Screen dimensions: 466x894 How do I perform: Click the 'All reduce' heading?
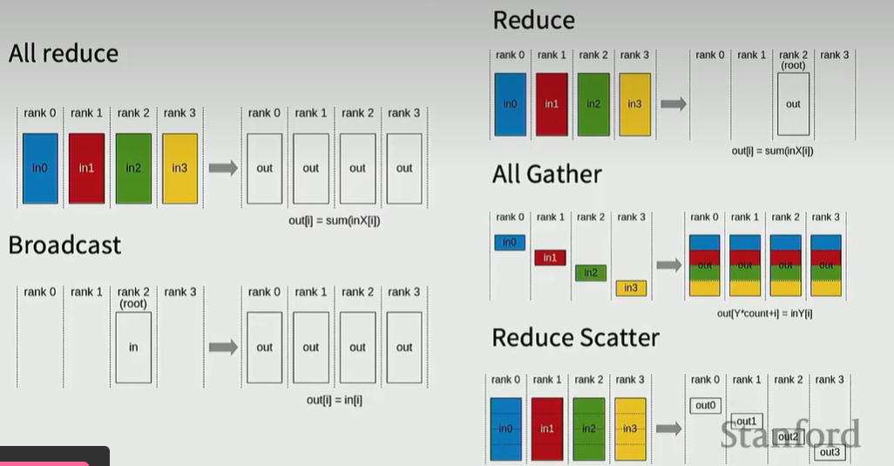pyautogui.click(x=63, y=54)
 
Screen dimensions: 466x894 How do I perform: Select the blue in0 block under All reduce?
pyautogui.click(x=40, y=168)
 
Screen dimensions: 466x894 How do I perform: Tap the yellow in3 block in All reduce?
pyautogui.click(x=179, y=168)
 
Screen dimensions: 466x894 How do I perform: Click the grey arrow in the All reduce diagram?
pyautogui.click(x=223, y=168)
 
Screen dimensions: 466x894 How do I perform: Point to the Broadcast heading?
pyautogui.click(x=64, y=246)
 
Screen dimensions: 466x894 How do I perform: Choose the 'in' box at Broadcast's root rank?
pyautogui.click(x=133, y=347)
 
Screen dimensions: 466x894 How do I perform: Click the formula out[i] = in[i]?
pyautogui.click(x=335, y=400)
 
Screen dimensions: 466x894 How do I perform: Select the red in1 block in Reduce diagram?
pyautogui.click(x=552, y=105)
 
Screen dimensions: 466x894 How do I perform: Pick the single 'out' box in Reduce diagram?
pyautogui.click(x=793, y=104)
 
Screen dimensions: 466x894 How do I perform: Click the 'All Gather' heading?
pyautogui.click(x=546, y=174)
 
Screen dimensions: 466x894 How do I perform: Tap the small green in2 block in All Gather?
pyautogui.click(x=591, y=273)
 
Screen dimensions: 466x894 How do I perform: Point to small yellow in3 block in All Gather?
pyautogui.click(x=631, y=287)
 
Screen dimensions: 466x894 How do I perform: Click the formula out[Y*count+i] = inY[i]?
pyautogui.click(x=765, y=313)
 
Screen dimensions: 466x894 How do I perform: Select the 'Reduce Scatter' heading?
pyautogui.click(x=575, y=338)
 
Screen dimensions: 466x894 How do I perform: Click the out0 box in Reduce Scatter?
pyautogui.click(x=705, y=405)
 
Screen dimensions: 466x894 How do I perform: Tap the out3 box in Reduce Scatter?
pyautogui.click(x=830, y=452)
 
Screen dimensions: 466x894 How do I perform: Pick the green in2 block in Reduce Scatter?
pyautogui.click(x=590, y=429)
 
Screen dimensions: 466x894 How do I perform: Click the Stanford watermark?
pyautogui.click(x=789, y=434)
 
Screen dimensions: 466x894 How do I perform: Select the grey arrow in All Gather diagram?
pyautogui.click(x=668, y=265)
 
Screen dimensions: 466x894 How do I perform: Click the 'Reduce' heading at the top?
pyautogui.click(x=533, y=20)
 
